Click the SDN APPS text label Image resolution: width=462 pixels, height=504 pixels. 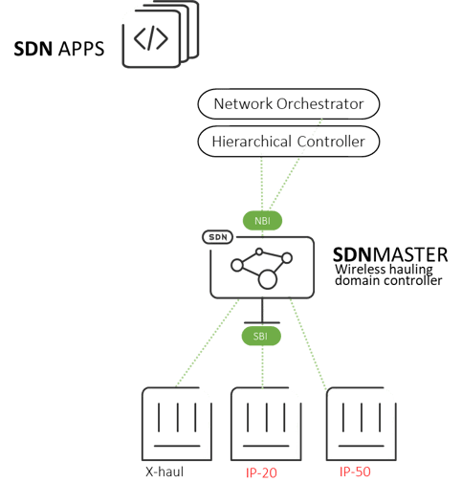(59, 49)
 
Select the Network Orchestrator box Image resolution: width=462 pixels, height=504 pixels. (288, 104)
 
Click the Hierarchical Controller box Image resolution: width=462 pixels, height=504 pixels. (288, 142)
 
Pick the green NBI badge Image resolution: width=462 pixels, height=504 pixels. (262, 221)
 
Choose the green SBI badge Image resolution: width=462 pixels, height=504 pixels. (261, 337)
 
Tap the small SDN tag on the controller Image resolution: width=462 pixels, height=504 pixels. (218, 237)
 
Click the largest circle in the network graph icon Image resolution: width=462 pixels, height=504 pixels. (268, 279)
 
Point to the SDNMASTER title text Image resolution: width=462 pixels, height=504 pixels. (390, 255)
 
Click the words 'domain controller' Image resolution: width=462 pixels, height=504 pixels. (388, 280)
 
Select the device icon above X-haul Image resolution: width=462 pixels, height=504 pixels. (177, 424)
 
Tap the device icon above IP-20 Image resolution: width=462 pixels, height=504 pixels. (266, 424)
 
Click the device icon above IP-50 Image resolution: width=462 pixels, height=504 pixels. (362, 424)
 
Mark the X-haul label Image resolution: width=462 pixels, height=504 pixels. (165, 471)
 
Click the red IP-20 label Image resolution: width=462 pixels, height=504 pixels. (261, 472)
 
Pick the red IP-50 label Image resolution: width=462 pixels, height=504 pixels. (355, 471)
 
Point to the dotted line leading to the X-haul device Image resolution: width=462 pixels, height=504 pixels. (208, 342)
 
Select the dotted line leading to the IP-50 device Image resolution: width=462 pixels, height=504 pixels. (308, 344)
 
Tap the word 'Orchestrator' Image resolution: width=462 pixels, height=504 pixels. (319, 104)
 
